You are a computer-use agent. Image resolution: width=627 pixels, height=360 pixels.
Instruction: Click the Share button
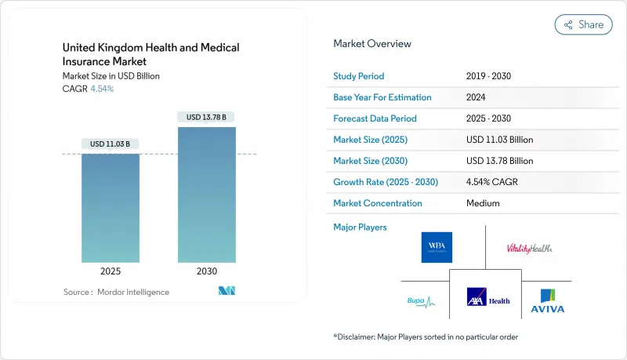pyautogui.click(x=583, y=24)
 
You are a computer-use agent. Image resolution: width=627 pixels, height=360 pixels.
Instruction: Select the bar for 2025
pyautogui.click(x=111, y=208)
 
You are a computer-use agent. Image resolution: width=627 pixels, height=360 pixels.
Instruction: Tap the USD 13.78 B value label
pyautogui.click(x=207, y=117)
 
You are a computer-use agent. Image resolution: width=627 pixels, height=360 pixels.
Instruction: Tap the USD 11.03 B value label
pyautogui.click(x=111, y=144)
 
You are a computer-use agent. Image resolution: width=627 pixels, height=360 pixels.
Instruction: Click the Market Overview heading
pyautogui.click(x=372, y=44)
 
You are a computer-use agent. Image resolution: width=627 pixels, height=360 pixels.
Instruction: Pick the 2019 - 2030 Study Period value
pyautogui.click(x=491, y=77)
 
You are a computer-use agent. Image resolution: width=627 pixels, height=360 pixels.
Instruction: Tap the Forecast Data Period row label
pyautogui.click(x=375, y=118)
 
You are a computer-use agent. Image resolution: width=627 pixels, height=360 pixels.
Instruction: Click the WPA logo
pyautogui.click(x=437, y=247)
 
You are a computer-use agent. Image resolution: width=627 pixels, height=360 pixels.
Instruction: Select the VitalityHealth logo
pyautogui.click(x=530, y=248)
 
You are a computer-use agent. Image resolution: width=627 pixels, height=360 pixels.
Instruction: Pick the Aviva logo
pyautogui.click(x=549, y=300)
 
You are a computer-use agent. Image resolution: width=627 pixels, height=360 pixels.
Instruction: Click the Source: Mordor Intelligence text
pyautogui.click(x=116, y=292)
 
